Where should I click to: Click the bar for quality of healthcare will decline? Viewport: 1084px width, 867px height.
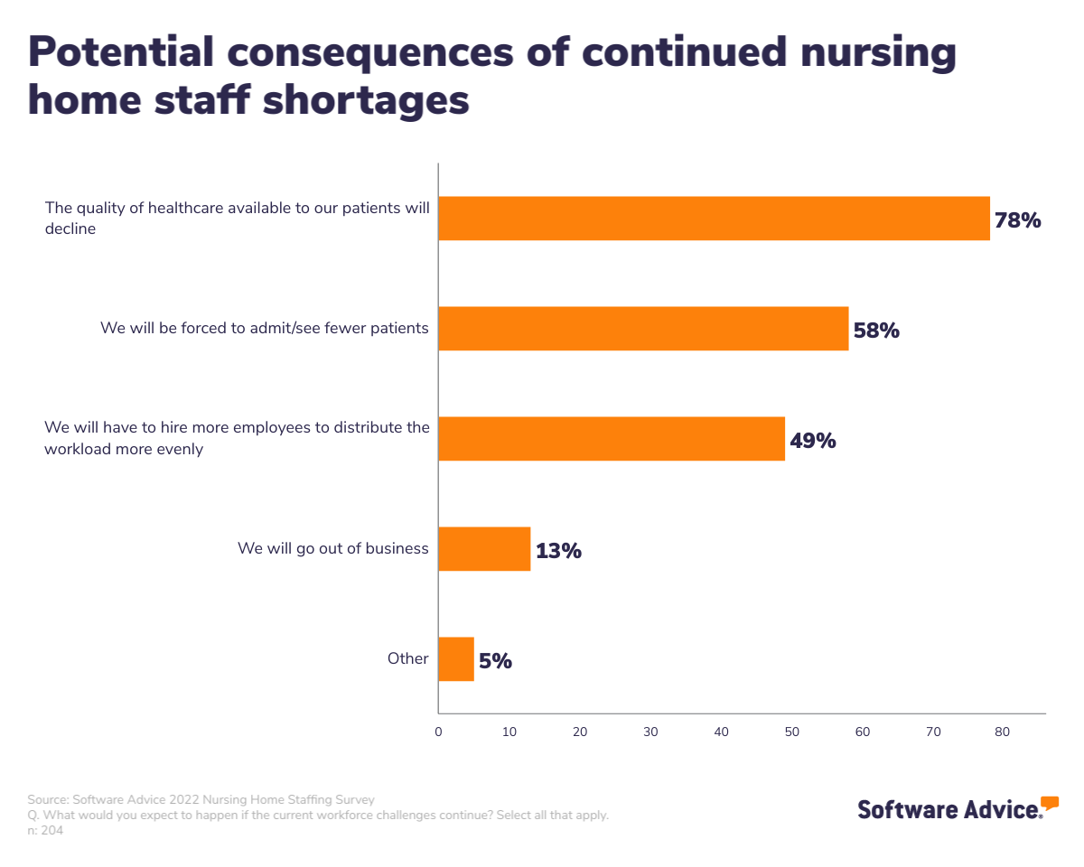pos(714,219)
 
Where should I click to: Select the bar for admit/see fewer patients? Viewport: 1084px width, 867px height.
pos(643,329)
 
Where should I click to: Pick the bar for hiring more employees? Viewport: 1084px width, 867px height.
pos(612,439)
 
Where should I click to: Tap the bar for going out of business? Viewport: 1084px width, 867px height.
pos(484,549)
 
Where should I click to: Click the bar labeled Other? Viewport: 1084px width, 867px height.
pos(456,659)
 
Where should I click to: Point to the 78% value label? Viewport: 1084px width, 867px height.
pos(1017,220)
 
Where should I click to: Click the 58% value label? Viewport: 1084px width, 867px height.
pos(876,331)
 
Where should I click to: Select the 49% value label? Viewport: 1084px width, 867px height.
pos(812,441)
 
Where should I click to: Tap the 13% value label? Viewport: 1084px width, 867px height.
pos(558,551)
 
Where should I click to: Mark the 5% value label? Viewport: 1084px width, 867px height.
pos(495,661)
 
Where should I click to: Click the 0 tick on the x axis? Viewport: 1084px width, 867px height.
pos(438,732)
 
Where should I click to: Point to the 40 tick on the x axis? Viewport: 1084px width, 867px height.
pos(721,732)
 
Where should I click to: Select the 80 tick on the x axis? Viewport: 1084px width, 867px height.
pos(1003,732)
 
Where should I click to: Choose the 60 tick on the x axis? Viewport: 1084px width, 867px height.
pos(862,732)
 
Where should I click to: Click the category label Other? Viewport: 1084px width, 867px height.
pos(407,658)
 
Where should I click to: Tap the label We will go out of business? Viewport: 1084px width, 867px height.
pos(332,548)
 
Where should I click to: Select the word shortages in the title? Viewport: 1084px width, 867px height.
pos(366,99)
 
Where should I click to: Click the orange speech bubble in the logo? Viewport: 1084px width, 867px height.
pos(1049,802)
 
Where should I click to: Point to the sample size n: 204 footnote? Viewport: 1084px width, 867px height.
pos(45,830)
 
